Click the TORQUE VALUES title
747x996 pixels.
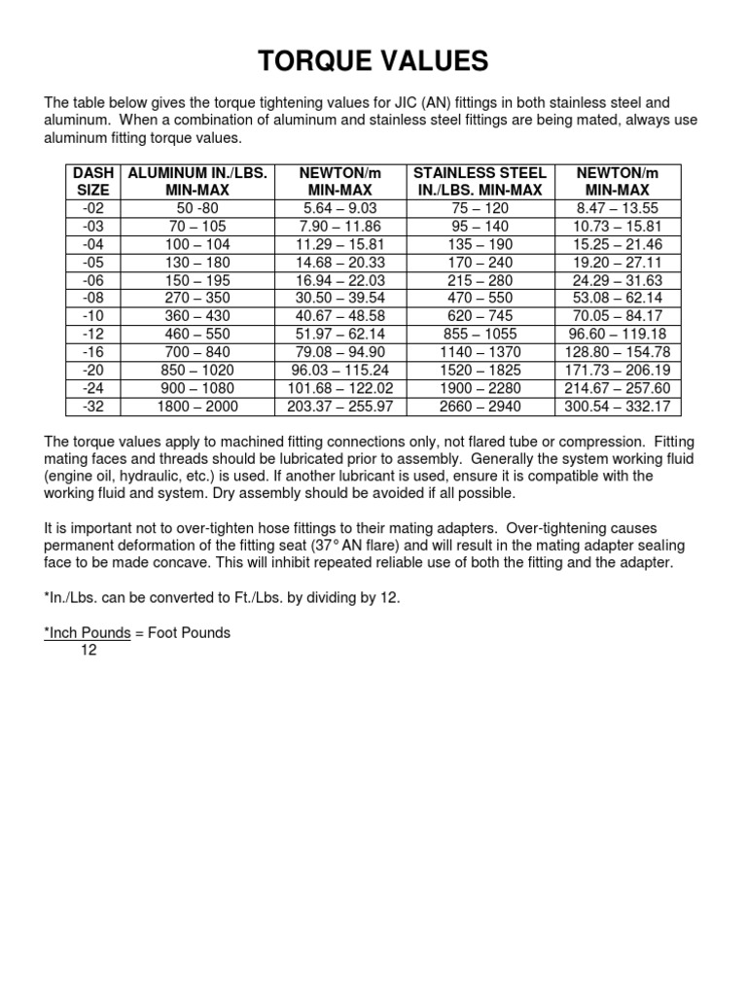tap(373, 62)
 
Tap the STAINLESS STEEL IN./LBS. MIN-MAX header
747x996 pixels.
tap(480, 182)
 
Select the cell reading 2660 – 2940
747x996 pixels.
tap(480, 406)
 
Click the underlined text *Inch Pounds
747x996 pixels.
tap(88, 633)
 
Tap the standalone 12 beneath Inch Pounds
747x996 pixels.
tap(88, 650)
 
